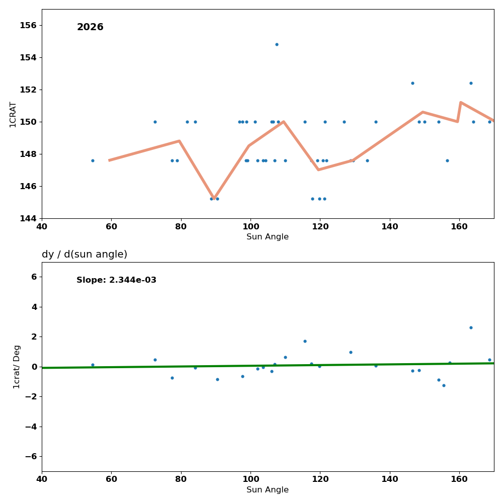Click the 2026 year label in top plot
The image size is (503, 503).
point(90,27)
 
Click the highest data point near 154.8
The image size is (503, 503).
point(277,44)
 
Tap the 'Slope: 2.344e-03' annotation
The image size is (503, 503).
point(116,280)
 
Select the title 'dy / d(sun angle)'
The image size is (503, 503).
point(85,255)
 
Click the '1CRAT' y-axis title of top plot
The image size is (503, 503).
point(13,114)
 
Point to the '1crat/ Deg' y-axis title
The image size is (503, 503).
point(17,367)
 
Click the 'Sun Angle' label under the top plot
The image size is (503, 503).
point(268,237)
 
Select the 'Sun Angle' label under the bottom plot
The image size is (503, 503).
point(268,490)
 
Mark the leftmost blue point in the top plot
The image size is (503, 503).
point(93,160)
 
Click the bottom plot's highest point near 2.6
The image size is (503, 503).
point(471,327)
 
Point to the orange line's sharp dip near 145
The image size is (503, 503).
point(214,198)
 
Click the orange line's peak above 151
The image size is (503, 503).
point(460,103)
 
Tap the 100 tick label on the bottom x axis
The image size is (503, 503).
point(250,479)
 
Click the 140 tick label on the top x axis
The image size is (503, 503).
point(390,226)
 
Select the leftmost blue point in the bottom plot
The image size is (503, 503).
point(93,365)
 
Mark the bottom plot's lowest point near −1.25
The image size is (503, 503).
point(444,385)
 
